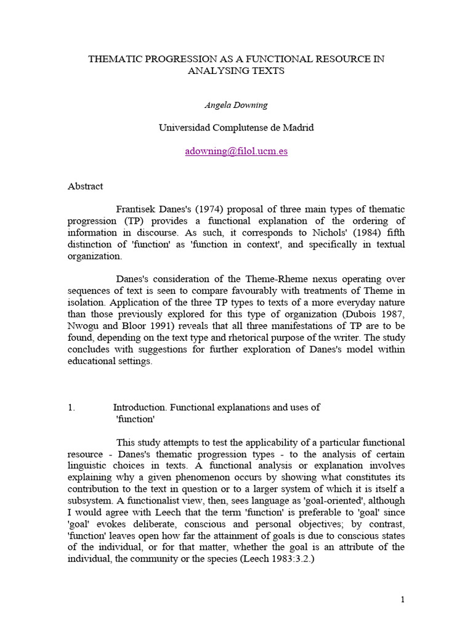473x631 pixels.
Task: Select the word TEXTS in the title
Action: tap(270, 71)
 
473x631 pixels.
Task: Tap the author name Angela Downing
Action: tap(236, 105)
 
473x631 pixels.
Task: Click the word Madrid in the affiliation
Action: tap(297, 128)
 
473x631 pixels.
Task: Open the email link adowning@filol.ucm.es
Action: tap(236, 151)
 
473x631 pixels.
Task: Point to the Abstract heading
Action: tap(85, 186)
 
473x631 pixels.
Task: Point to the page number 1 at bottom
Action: tap(402, 600)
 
